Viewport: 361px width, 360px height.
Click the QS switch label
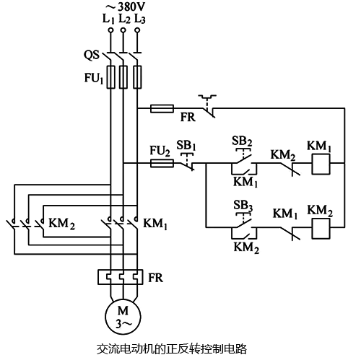point(91,55)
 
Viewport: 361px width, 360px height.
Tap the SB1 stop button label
point(186,146)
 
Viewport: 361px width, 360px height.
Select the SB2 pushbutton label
point(241,140)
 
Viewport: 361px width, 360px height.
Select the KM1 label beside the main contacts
point(156,224)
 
